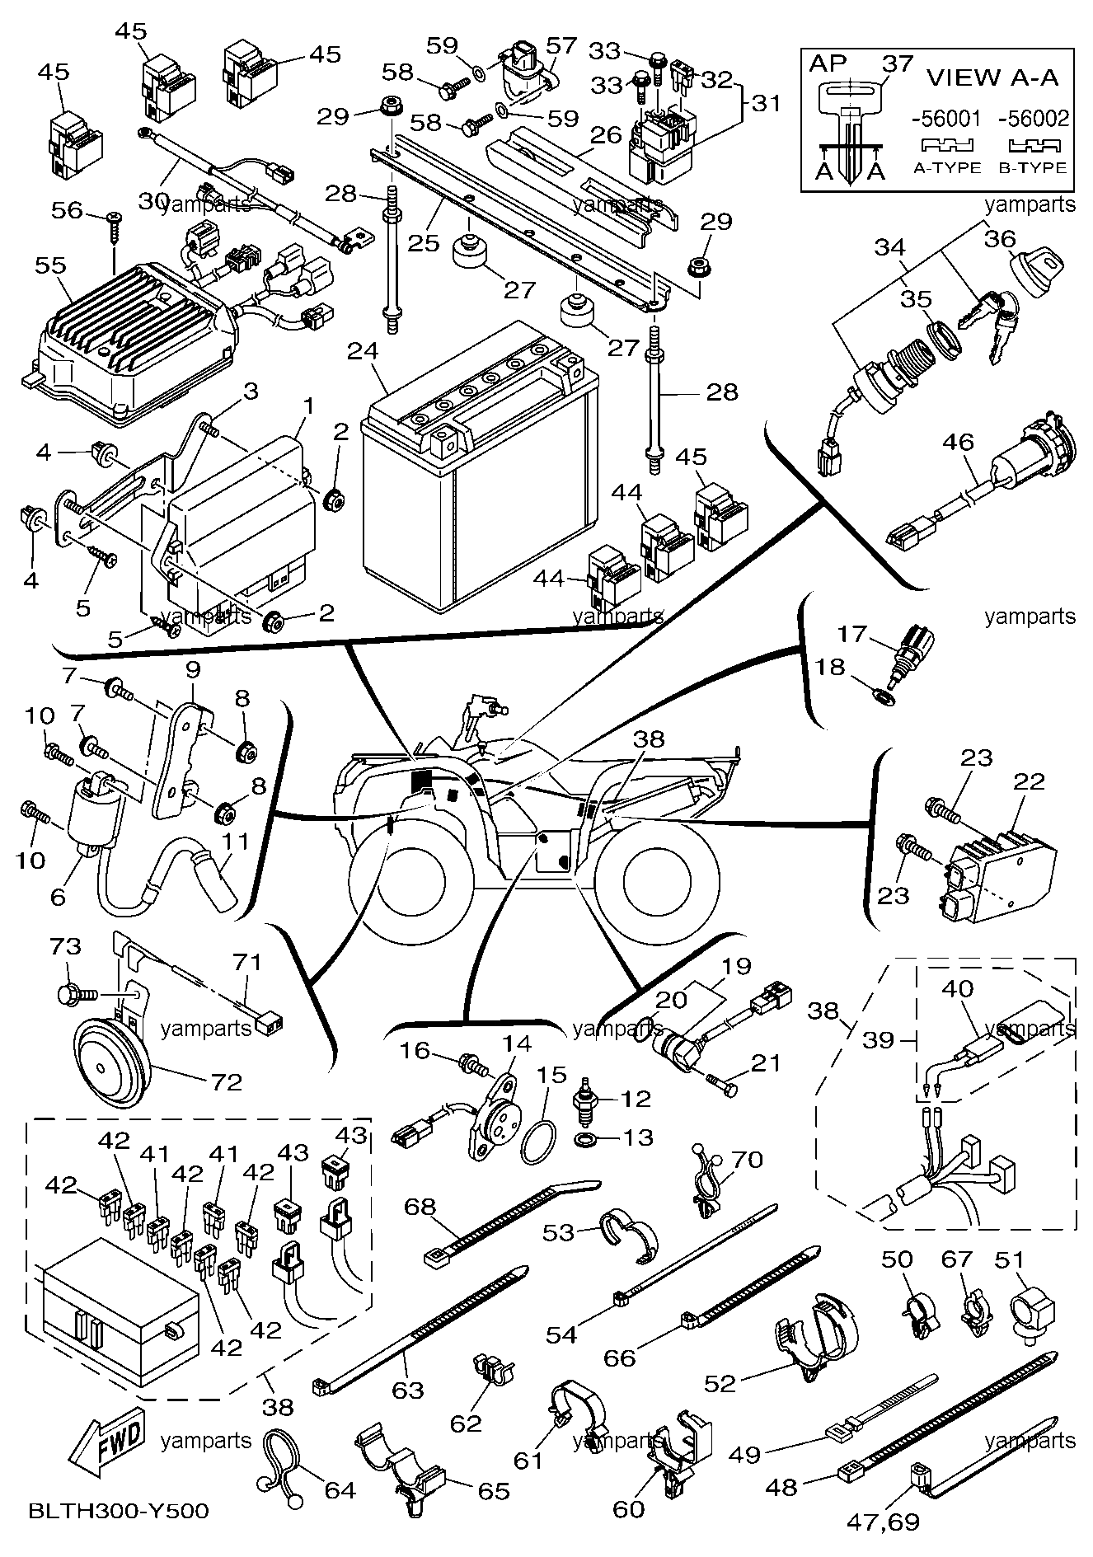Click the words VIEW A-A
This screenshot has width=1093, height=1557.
click(x=992, y=77)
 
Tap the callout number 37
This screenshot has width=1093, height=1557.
click(x=898, y=63)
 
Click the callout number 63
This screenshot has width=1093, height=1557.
click(x=407, y=1390)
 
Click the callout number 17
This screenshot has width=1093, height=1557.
click(x=852, y=634)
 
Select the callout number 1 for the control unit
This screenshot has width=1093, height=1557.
click(x=309, y=406)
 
